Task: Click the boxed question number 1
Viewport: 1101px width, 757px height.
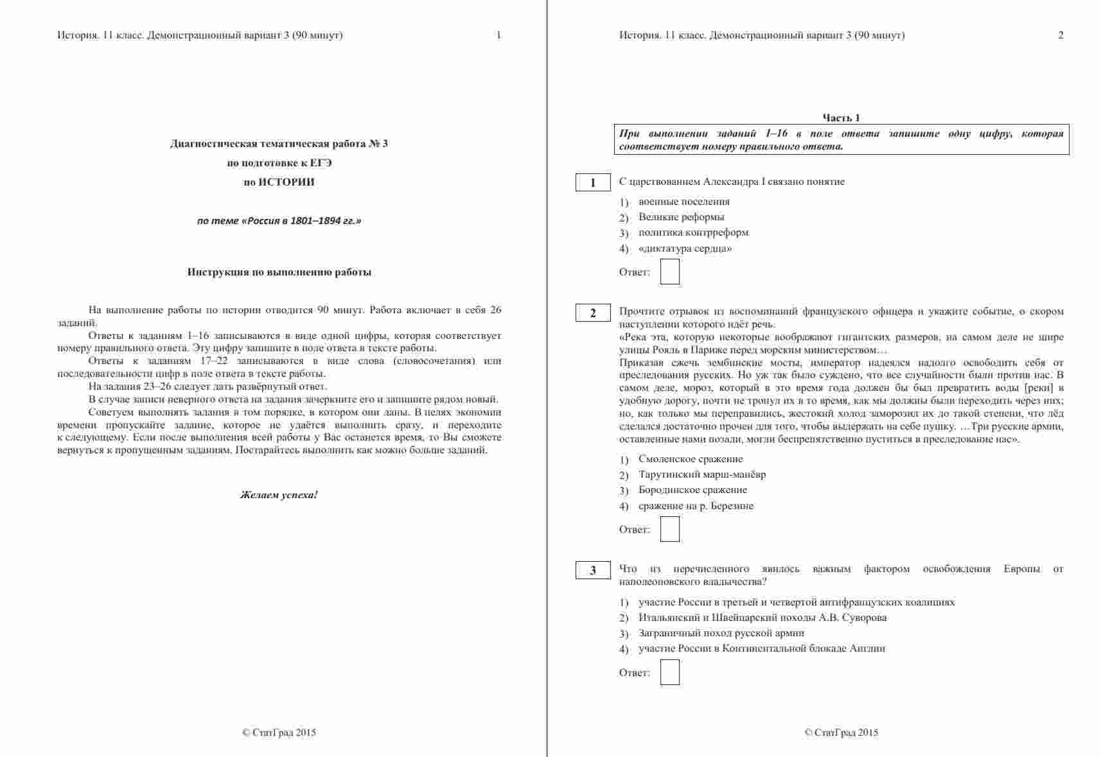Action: click(x=592, y=183)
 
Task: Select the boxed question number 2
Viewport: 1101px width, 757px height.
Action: click(x=592, y=313)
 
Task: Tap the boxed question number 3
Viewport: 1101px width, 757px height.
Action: click(x=592, y=570)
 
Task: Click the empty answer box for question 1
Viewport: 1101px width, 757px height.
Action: click(x=669, y=272)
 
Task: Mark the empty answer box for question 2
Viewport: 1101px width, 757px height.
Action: click(x=669, y=529)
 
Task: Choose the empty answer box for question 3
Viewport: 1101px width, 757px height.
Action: click(x=669, y=672)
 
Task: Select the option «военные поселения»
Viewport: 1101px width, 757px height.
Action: click(x=683, y=202)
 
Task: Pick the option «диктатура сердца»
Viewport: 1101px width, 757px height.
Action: click(x=685, y=248)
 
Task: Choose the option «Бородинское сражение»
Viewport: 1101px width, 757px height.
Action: click(x=692, y=490)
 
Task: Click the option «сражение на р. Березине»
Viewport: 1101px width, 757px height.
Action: click(x=696, y=506)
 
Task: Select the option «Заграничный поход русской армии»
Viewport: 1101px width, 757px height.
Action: click(x=721, y=633)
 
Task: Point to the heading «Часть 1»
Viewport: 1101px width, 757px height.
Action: click(x=841, y=117)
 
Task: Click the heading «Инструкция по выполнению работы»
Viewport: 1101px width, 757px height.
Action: click(x=279, y=272)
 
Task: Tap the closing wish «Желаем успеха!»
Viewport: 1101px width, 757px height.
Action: click(x=279, y=495)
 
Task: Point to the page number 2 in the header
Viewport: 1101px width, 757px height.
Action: click(x=1061, y=35)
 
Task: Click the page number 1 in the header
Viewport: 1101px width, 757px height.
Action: click(x=498, y=35)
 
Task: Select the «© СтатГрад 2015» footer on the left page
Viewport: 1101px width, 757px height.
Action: click(x=279, y=733)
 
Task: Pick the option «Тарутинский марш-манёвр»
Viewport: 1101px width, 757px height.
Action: click(x=701, y=474)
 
